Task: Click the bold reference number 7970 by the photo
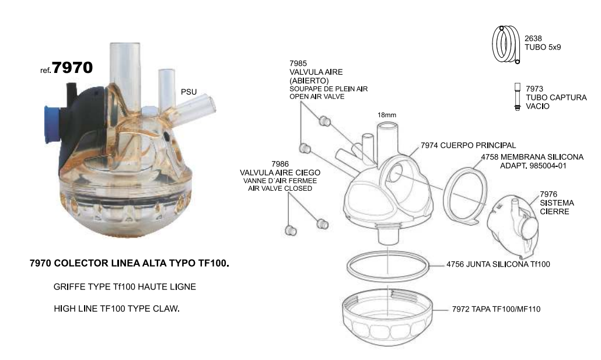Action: click(72, 67)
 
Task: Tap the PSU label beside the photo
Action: click(189, 92)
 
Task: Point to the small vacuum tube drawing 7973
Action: click(516, 97)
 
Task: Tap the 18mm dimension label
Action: click(386, 115)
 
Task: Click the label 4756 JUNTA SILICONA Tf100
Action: click(498, 264)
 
